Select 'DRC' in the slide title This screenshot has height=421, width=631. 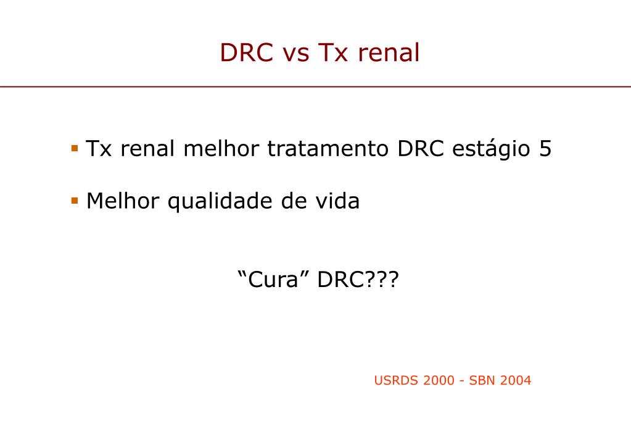(x=247, y=54)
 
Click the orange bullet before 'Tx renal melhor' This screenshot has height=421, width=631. (x=75, y=148)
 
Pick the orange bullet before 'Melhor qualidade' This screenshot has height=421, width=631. (x=75, y=201)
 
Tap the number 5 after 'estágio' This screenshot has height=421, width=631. (x=545, y=149)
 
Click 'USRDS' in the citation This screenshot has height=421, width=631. (x=397, y=380)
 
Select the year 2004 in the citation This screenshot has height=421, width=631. (x=516, y=380)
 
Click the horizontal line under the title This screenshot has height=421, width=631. (x=315, y=87)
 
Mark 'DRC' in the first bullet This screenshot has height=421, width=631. (x=421, y=149)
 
